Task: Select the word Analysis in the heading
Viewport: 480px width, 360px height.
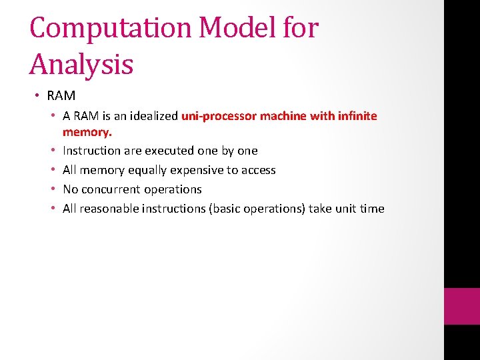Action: click(x=81, y=65)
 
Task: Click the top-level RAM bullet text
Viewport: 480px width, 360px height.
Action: click(x=61, y=96)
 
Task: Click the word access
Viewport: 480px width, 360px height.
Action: click(x=259, y=170)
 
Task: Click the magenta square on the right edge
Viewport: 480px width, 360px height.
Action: click(x=462, y=306)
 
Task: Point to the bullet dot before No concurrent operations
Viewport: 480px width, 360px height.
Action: click(x=53, y=189)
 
